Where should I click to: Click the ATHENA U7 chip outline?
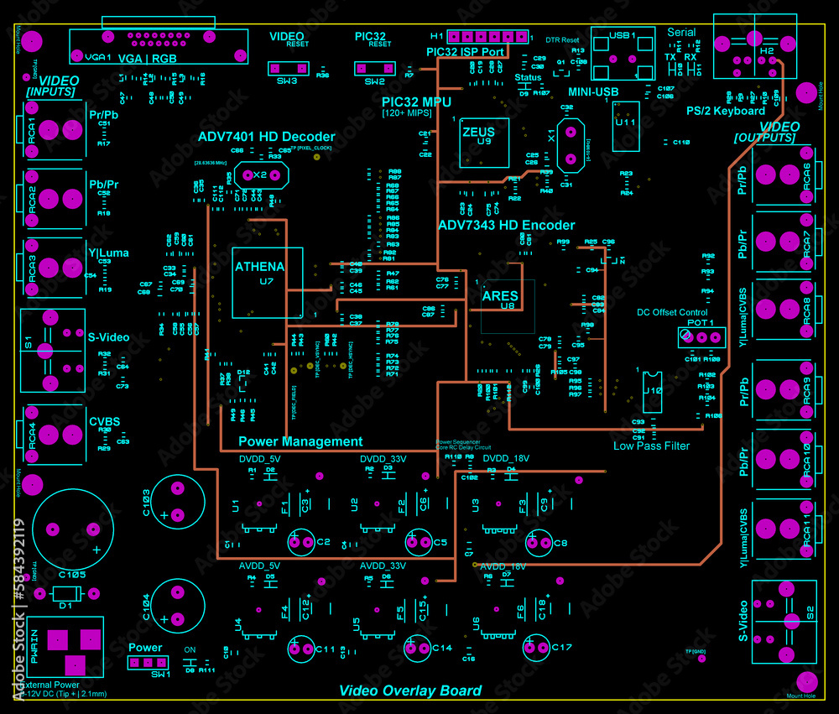click(267, 283)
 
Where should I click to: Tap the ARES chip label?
click(500, 295)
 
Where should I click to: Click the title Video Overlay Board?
click(410, 691)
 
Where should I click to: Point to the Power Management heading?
click(300, 441)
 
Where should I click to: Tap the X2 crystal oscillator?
click(260, 175)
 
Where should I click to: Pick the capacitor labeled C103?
click(177, 502)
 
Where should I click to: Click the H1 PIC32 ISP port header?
click(488, 38)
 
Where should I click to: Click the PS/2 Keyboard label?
click(725, 111)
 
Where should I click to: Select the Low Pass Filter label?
click(651, 446)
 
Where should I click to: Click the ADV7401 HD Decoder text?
click(266, 137)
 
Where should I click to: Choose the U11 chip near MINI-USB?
click(625, 127)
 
